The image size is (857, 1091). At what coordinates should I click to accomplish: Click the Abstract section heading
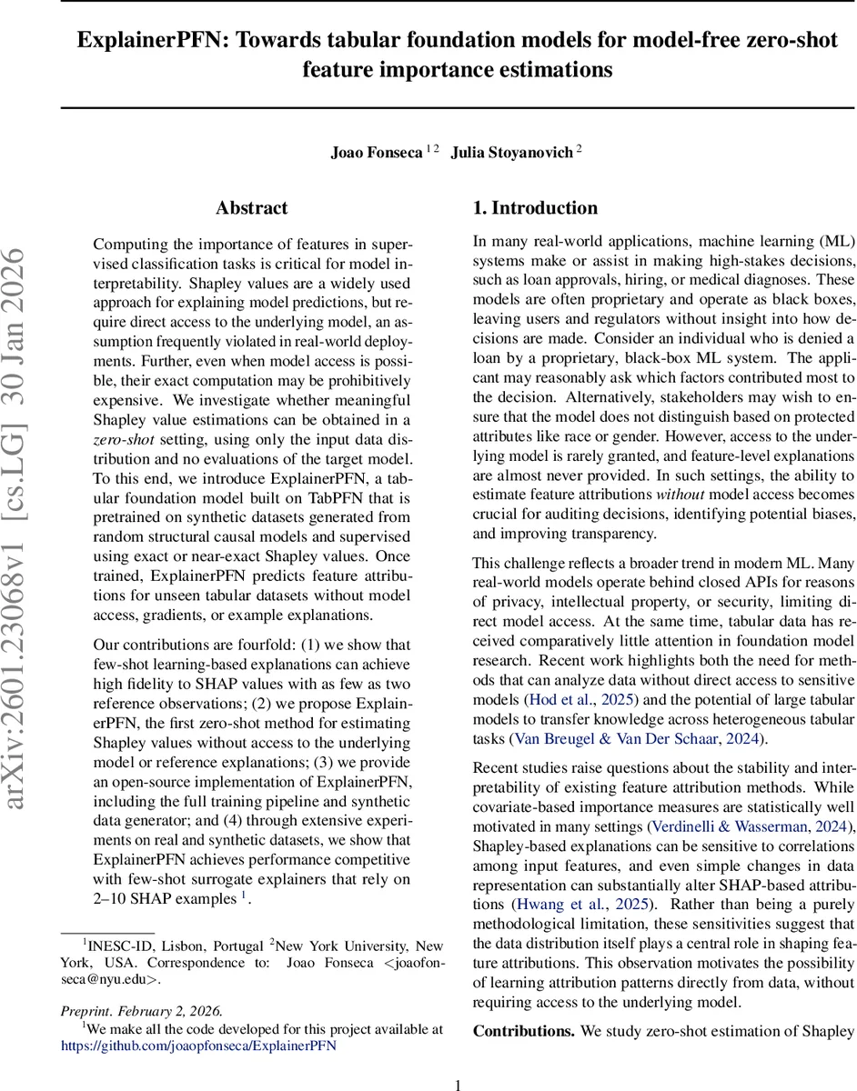pos(252,208)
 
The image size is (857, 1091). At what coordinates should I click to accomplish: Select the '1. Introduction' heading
pos(535,208)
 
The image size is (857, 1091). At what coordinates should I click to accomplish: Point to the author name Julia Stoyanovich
pos(512,153)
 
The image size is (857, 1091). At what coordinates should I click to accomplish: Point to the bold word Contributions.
pos(523,1031)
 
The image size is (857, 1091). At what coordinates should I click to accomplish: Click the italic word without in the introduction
pos(674,495)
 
